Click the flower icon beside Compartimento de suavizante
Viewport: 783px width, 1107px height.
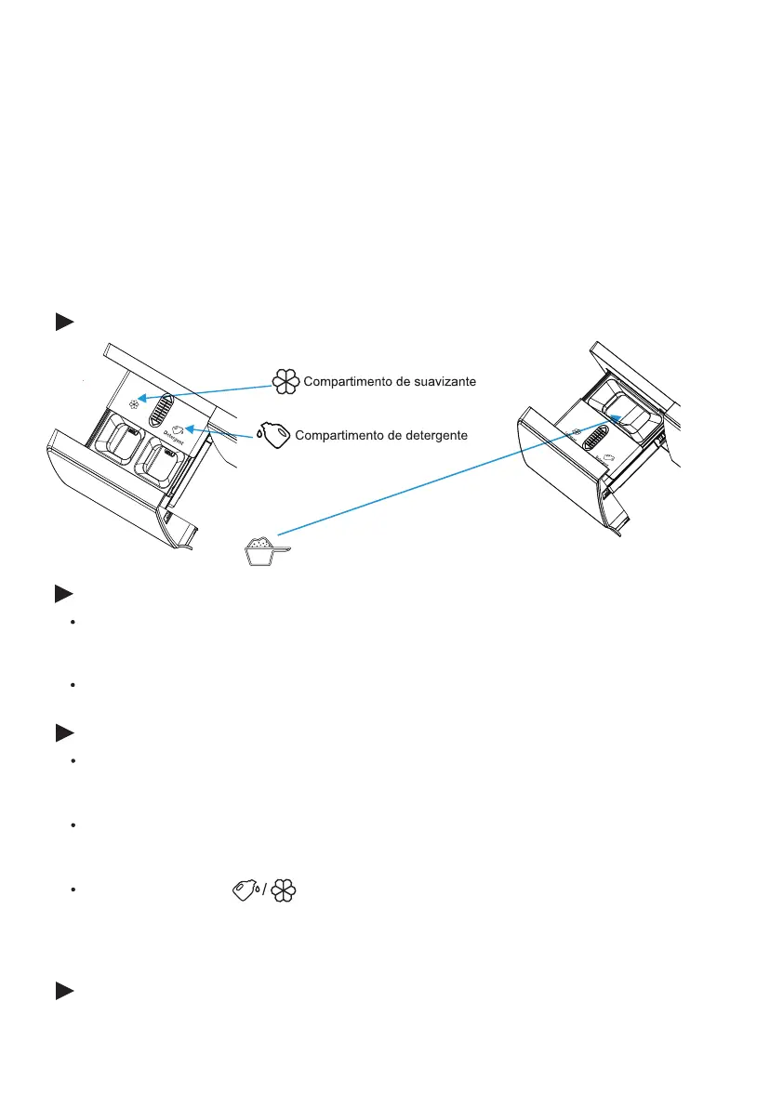point(285,382)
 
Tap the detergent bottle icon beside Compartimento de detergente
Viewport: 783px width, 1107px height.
point(275,436)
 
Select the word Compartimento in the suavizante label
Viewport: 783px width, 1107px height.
point(347,382)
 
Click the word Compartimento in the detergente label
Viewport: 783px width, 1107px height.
point(338,435)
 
